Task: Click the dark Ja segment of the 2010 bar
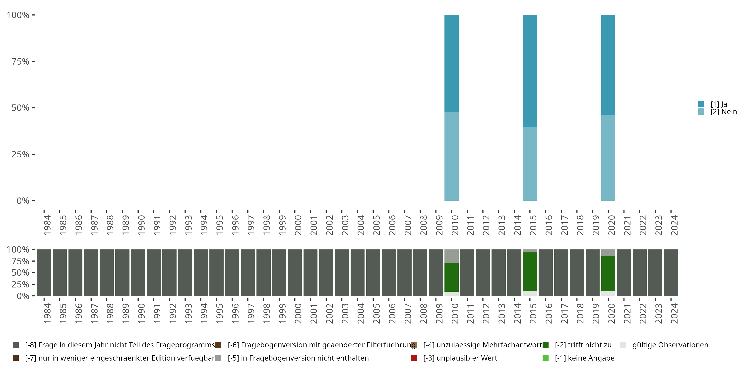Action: click(451, 63)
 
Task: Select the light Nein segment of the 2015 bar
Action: click(530, 164)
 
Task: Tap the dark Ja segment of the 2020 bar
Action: click(608, 65)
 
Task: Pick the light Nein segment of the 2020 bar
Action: click(608, 158)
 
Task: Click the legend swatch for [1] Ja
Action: click(701, 104)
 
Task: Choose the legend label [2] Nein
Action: click(724, 112)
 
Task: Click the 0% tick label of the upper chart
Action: click(23, 201)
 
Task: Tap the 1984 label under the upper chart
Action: click(47, 225)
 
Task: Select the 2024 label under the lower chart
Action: click(674, 313)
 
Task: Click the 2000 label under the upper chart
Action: click(298, 225)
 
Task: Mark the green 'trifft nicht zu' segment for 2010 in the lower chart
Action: click(451, 277)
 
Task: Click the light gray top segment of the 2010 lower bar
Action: click(451, 256)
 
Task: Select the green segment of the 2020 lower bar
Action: click(608, 273)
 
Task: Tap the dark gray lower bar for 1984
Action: click(44, 273)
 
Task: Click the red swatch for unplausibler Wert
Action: click(414, 358)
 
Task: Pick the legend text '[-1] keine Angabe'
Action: click(584, 358)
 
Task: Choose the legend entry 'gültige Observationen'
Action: click(670, 345)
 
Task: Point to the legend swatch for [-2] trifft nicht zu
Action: click(546, 345)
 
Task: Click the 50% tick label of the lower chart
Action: click(20, 273)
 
